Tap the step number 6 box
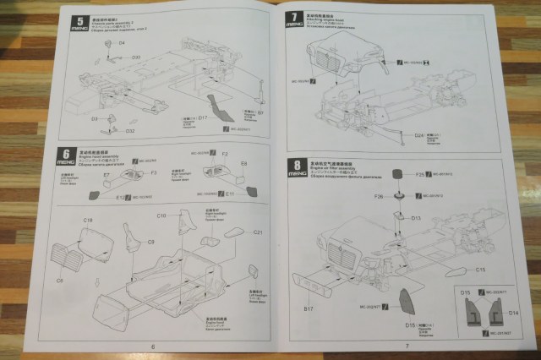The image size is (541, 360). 65,156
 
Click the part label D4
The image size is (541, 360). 121,41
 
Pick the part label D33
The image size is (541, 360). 135,57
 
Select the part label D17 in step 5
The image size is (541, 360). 203,119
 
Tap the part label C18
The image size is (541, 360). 87,220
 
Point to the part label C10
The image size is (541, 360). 161,216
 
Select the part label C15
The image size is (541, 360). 479,270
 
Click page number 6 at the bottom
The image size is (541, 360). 153,346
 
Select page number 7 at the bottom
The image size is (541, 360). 407,346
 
